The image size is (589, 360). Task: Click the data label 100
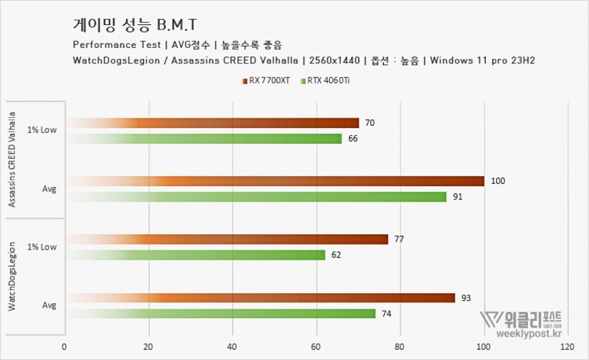(497, 181)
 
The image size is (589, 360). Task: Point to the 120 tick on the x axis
(565, 346)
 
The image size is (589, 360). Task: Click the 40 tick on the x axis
(233, 346)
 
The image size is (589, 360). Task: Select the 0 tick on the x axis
(65, 346)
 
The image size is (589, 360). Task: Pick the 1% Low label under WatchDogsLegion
(42, 247)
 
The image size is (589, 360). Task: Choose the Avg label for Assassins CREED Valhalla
(49, 188)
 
